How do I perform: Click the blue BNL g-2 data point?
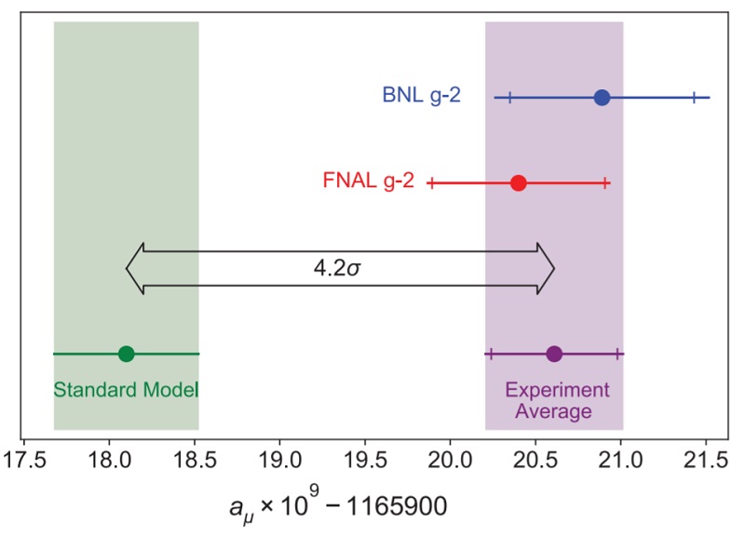[x=602, y=98]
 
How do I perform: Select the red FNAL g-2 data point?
[x=519, y=183]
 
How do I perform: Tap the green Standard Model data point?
[x=127, y=354]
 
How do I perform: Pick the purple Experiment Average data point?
[x=554, y=354]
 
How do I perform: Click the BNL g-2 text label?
[x=421, y=96]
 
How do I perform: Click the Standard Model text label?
[x=126, y=389]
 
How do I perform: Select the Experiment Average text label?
[x=555, y=400]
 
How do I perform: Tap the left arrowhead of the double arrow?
[x=136, y=270]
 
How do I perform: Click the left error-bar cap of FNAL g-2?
[x=431, y=183]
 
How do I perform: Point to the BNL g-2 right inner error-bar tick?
[x=693, y=98]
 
